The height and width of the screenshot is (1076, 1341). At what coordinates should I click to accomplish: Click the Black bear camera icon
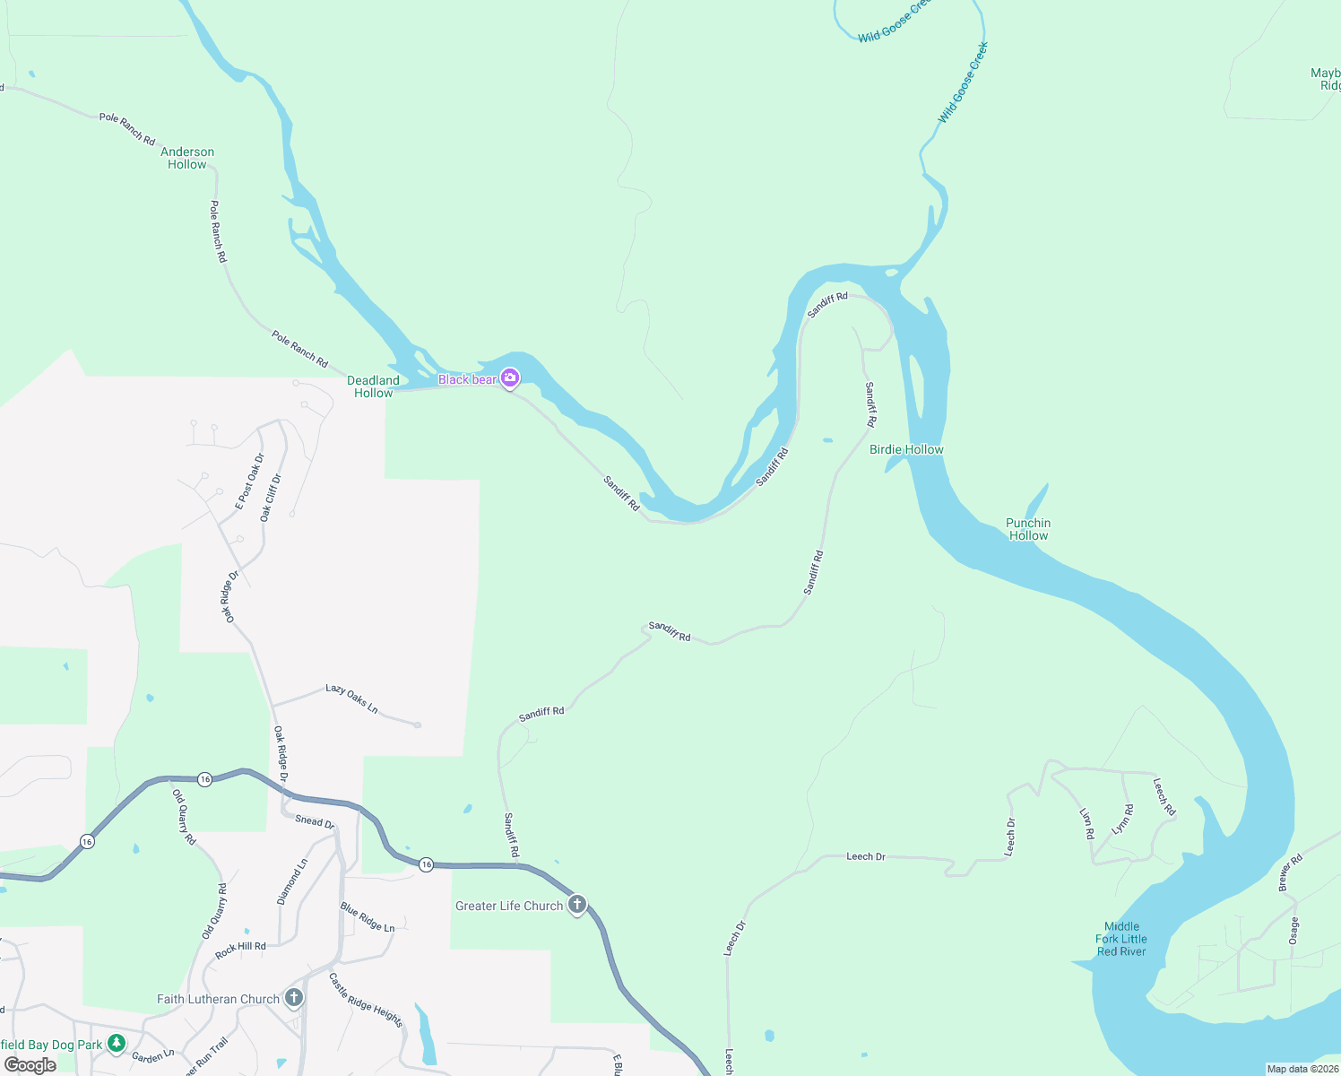pyautogui.click(x=510, y=378)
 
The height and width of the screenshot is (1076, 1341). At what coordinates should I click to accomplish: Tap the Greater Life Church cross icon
pyautogui.click(x=577, y=905)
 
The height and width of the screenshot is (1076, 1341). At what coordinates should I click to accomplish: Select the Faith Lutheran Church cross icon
pyautogui.click(x=293, y=998)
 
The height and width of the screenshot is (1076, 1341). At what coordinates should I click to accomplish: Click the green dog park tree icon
pyautogui.click(x=116, y=1044)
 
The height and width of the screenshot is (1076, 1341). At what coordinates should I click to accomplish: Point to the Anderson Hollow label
pyautogui.click(x=187, y=158)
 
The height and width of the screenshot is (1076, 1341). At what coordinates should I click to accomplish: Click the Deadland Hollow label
pyautogui.click(x=373, y=386)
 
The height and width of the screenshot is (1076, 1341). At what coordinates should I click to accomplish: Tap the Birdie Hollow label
pyautogui.click(x=906, y=449)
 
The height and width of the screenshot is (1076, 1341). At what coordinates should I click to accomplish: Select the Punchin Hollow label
pyautogui.click(x=1028, y=529)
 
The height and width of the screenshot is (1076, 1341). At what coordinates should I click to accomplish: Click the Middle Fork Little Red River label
pyautogui.click(x=1121, y=939)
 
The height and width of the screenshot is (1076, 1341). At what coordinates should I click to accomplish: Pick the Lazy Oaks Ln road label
pyautogui.click(x=351, y=699)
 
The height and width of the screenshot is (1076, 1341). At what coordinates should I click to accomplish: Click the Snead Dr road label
pyautogui.click(x=315, y=821)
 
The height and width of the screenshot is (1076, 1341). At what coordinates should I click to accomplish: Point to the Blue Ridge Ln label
pyautogui.click(x=368, y=917)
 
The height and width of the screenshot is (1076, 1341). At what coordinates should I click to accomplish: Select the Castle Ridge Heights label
pyautogui.click(x=366, y=1001)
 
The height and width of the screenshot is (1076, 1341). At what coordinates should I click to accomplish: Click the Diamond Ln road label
pyautogui.click(x=292, y=881)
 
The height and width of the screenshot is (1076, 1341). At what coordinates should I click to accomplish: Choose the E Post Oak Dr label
pyautogui.click(x=250, y=482)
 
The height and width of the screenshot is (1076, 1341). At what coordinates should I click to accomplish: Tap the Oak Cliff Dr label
pyautogui.click(x=271, y=498)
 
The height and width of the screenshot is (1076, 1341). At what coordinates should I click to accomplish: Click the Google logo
pyautogui.click(x=30, y=1064)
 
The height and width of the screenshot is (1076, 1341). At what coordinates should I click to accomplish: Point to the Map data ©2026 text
pyautogui.click(x=1302, y=1069)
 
